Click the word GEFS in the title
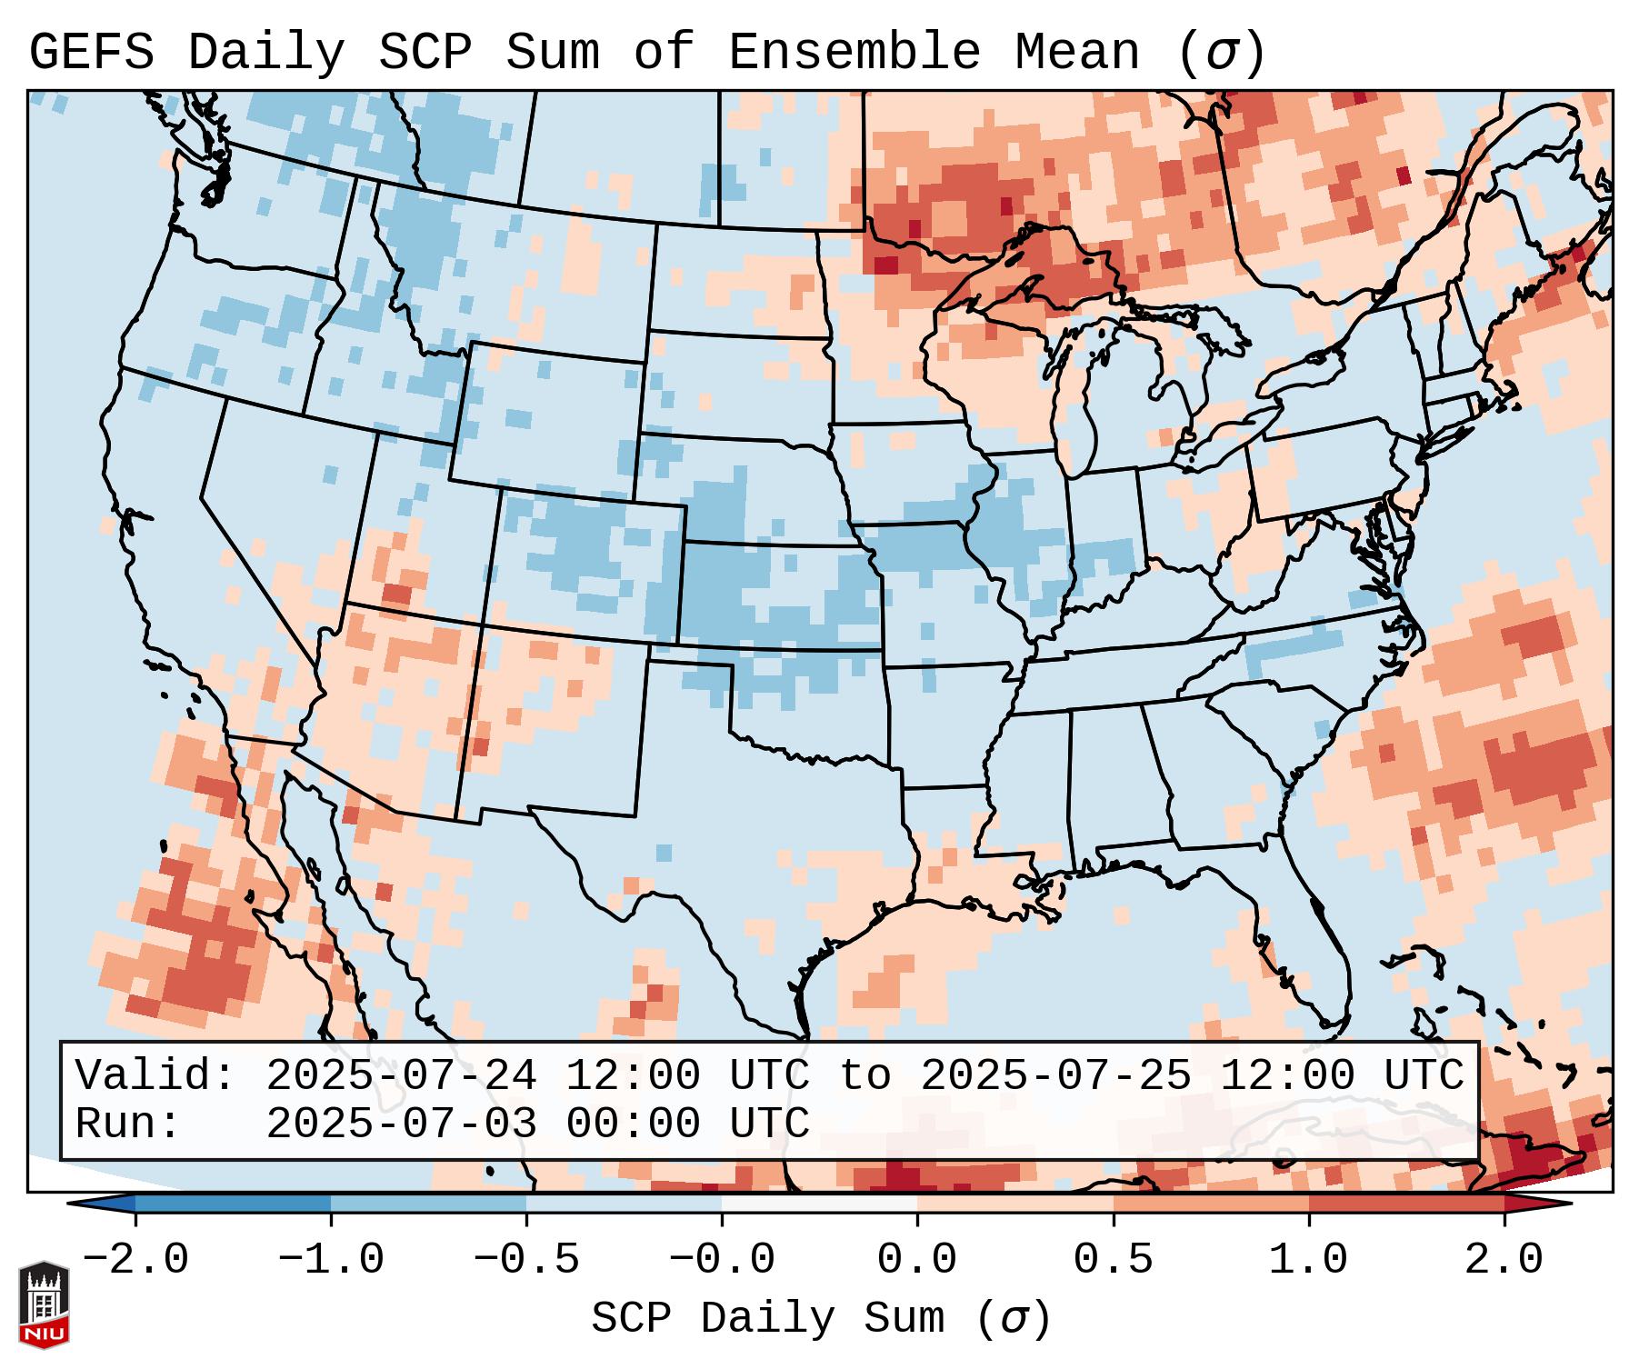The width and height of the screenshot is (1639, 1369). point(91,52)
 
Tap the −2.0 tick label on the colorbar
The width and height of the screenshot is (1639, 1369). point(135,1260)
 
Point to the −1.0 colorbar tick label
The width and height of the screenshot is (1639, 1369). point(331,1260)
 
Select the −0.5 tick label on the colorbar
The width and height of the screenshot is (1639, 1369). point(526,1260)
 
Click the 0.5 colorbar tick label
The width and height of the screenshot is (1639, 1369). point(1114,1260)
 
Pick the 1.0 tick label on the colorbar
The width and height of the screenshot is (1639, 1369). point(1309,1260)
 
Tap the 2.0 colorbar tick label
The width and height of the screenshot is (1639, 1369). point(1504,1260)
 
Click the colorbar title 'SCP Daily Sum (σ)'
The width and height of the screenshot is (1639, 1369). point(821,1318)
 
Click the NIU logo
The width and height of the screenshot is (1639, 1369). point(44,1304)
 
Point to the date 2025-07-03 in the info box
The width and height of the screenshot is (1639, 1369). point(401,1124)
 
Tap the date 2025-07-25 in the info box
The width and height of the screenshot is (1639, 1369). point(1055,1075)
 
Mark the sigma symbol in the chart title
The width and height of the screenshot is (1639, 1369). point(1221,54)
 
